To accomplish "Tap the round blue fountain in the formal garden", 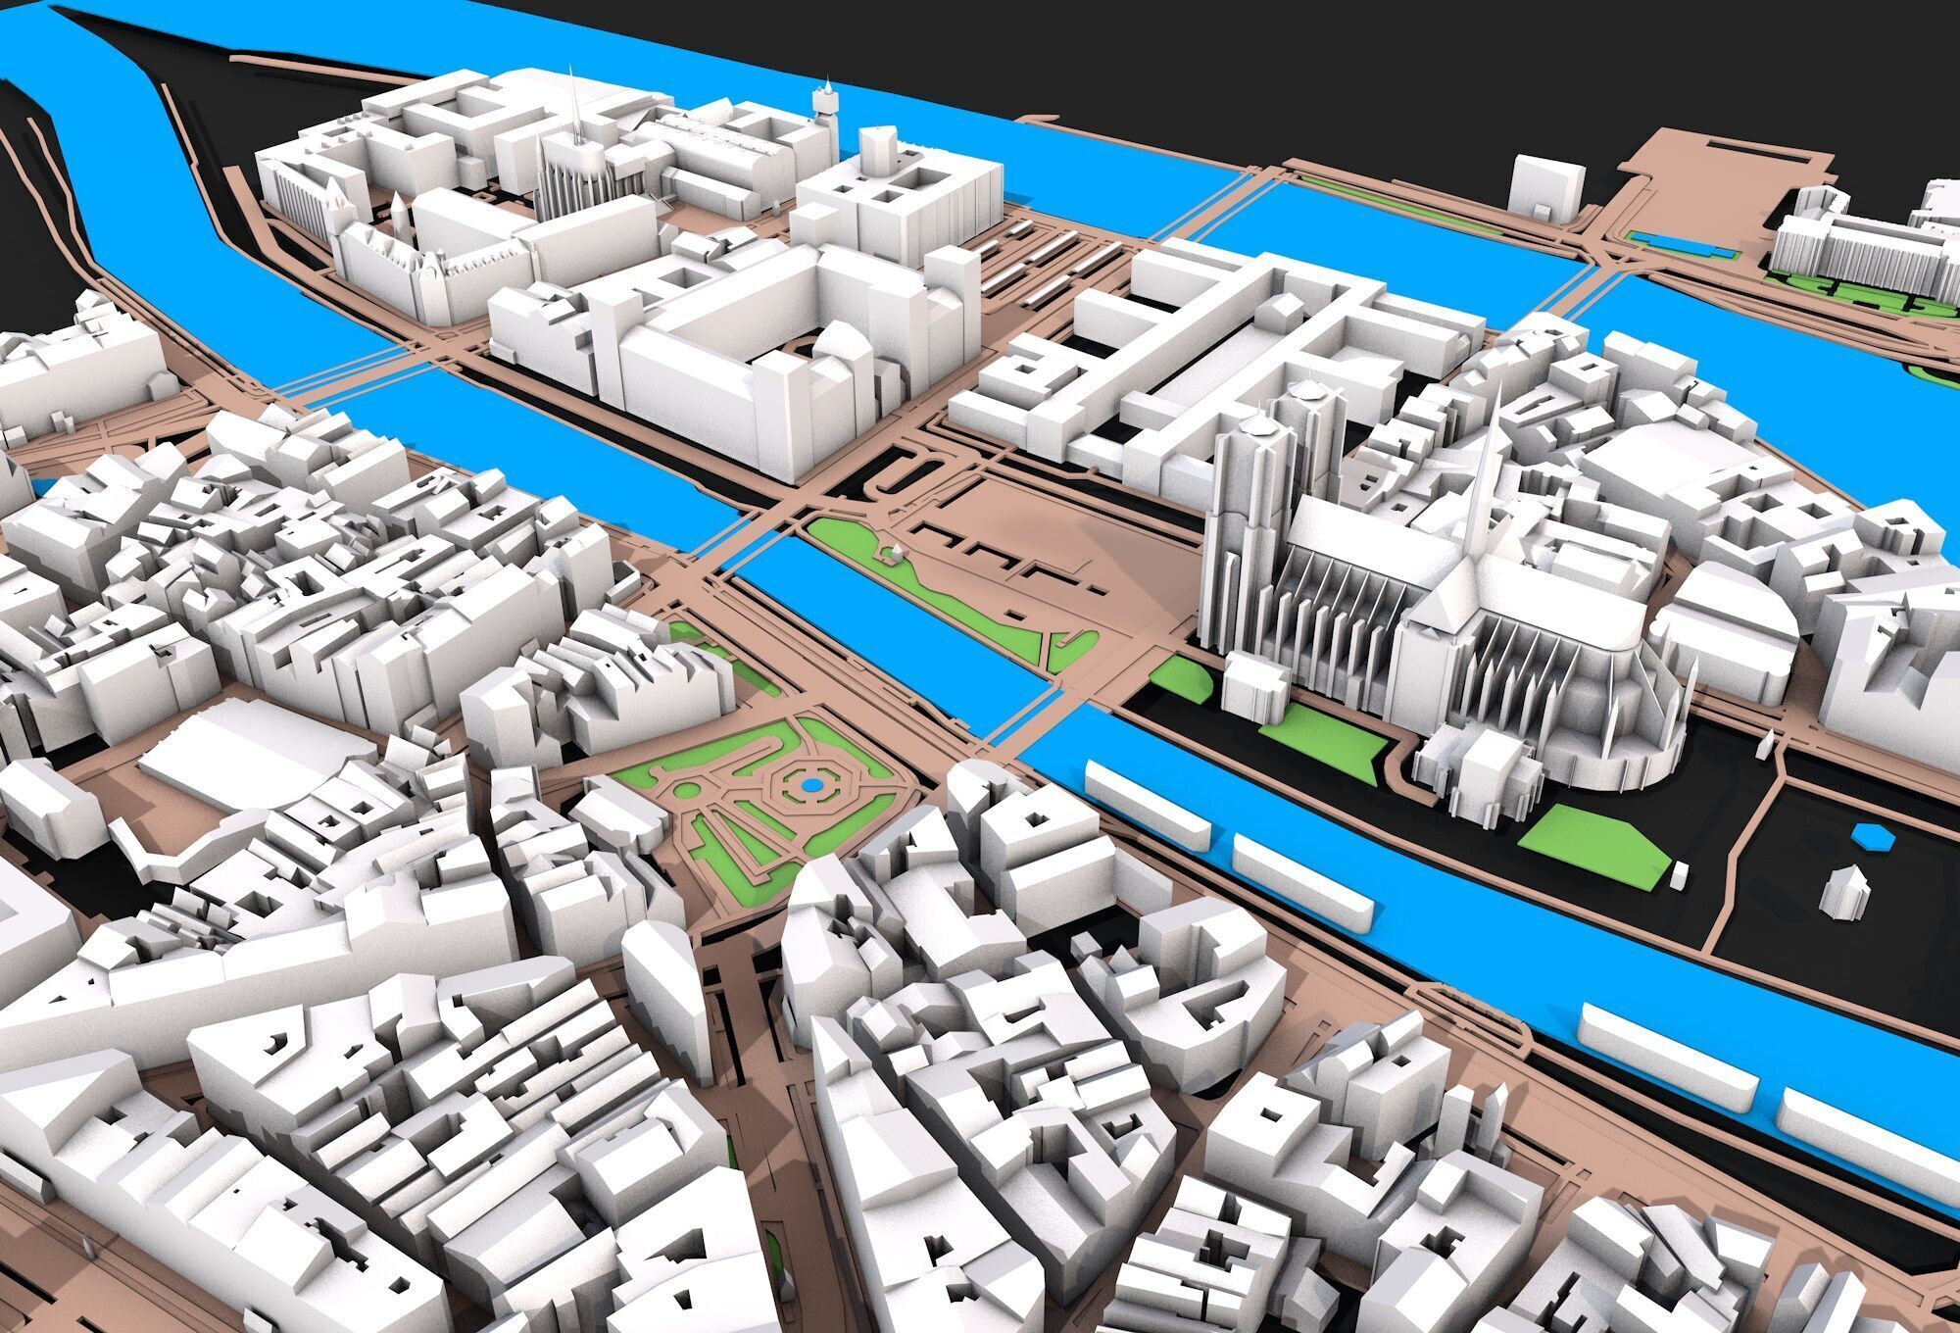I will tap(810, 784).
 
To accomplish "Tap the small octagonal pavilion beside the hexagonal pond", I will tap(1843, 893).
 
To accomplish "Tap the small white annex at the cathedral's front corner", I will tap(1254, 687).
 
